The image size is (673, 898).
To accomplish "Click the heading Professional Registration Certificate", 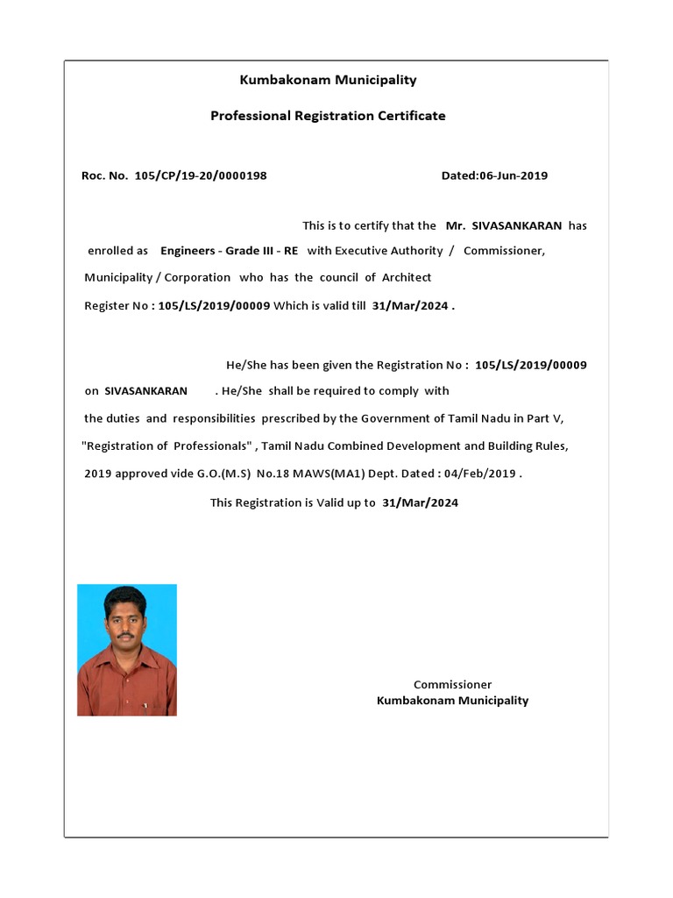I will [328, 116].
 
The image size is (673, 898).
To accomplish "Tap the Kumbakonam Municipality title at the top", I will [328, 80].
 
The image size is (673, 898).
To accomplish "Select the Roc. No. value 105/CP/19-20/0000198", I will [201, 175].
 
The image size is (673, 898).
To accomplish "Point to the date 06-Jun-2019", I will [513, 175].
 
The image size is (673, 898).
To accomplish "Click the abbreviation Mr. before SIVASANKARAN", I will [455, 225].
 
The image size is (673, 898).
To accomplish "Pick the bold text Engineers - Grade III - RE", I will [229, 251].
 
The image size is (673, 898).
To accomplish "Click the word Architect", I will [407, 277].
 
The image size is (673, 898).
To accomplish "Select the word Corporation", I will [198, 277].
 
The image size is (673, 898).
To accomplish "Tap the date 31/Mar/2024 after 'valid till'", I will [410, 306].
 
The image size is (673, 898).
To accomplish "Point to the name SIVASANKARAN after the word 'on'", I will [145, 390].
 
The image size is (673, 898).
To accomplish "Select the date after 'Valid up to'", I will [421, 502].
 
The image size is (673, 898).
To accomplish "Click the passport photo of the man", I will [127, 650].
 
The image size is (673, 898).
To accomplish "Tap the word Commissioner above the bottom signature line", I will [452, 684].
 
